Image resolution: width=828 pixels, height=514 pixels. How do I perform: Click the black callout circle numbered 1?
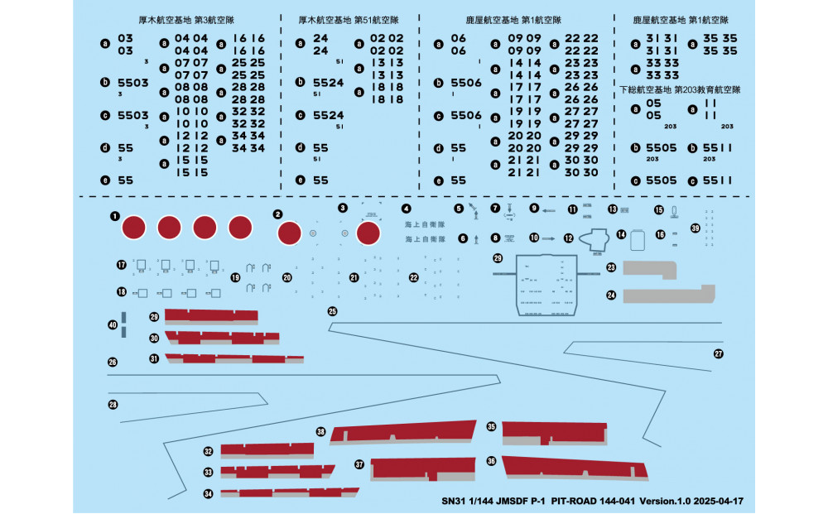[113, 215]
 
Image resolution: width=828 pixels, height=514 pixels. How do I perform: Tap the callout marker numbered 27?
[719, 353]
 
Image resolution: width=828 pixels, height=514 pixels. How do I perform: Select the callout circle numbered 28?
[113, 405]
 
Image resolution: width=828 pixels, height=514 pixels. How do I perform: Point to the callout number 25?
[333, 311]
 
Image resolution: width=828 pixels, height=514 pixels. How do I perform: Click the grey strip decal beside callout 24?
[670, 295]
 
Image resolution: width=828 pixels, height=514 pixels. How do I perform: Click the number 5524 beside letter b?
[329, 83]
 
